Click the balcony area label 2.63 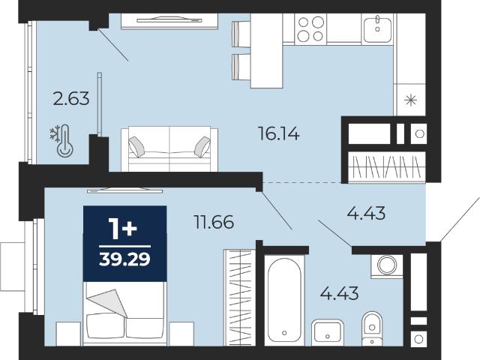[x=71, y=99]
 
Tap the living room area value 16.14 [x=279, y=133]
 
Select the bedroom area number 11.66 [x=214, y=222]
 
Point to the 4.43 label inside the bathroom [x=339, y=293]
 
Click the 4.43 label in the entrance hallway [x=366, y=213]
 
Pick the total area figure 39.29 [x=125, y=259]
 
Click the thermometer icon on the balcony [x=65, y=141]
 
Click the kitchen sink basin [x=378, y=28]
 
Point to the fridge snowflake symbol [x=411, y=100]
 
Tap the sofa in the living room [x=169, y=149]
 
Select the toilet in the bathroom [x=372, y=329]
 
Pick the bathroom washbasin [x=328, y=331]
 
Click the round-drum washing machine [x=387, y=265]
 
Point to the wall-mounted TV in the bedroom [x=125, y=190]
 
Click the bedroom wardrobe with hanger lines [x=240, y=297]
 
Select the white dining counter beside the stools [x=266, y=51]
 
